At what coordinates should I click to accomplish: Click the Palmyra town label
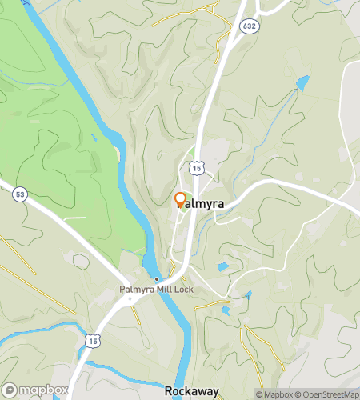(x=200, y=204)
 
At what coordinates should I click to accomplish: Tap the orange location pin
(x=180, y=199)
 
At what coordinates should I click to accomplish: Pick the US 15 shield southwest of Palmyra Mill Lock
(x=94, y=339)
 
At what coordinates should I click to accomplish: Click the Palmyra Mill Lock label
(x=155, y=290)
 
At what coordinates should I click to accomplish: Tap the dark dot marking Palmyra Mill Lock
(x=156, y=279)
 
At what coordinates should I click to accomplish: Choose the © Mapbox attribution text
(x=275, y=394)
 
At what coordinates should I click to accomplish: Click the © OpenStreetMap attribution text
(x=326, y=394)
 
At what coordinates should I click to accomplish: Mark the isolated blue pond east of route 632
(x=302, y=82)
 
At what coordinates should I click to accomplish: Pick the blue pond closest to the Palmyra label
(x=222, y=266)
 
